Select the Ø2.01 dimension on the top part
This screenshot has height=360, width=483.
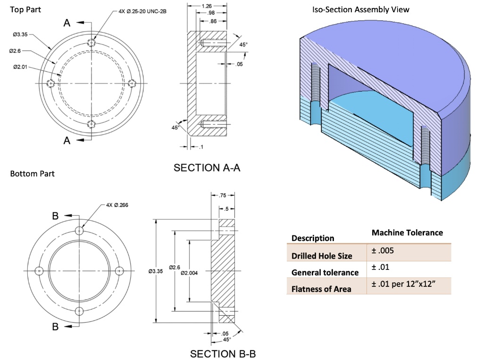pyautogui.click(x=20, y=67)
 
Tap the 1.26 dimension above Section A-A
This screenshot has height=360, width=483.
pyautogui.click(x=206, y=6)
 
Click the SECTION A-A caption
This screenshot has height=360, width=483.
pyautogui.click(x=207, y=167)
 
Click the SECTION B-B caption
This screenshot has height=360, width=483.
pyautogui.click(x=223, y=353)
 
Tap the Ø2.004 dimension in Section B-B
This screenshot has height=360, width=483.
pyautogui.click(x=190, y=273)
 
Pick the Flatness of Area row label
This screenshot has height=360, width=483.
pyautogui.click(x=321, y=289)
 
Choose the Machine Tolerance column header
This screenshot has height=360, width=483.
pyautogui.click(x=407, y=233)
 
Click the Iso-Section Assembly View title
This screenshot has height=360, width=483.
pyautogui.click(x=360, y=9)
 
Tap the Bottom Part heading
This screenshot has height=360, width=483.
pyautogui.click(x=32, y=174)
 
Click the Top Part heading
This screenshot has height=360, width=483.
pyautogui.click(x=25, y=9)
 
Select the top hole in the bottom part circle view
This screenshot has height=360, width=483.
pyautogui.click(x=79, y=232)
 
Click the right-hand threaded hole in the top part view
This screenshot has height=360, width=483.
pyautogui.click(x=133, y=83)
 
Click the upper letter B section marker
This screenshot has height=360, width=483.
pyautogui.click(x=55, y=217)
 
